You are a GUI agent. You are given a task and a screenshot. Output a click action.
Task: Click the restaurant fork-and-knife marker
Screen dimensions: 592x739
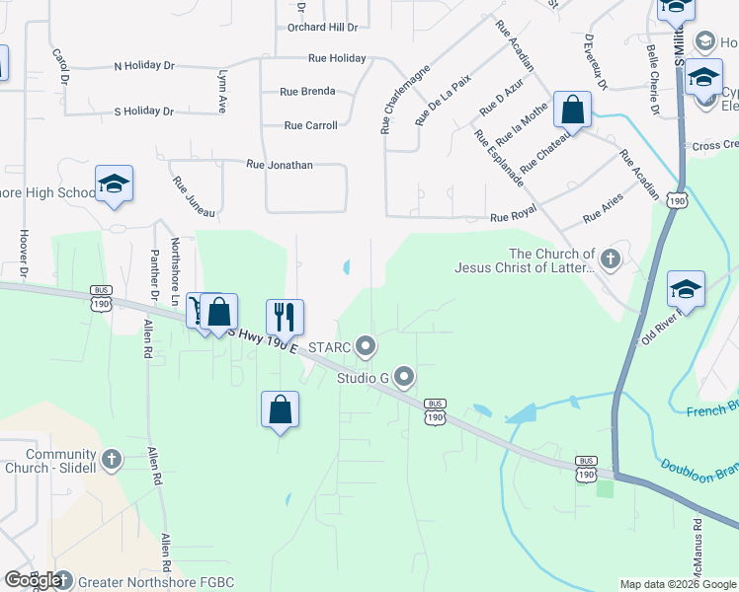[x=285, y=317]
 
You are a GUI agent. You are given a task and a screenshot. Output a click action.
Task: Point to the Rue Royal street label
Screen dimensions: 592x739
[x=512, y=217]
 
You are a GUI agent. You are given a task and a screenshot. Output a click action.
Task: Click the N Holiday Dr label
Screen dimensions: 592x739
[x=144, y=66]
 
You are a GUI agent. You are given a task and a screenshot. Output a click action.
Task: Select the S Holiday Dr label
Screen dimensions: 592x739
[x=144, y=111]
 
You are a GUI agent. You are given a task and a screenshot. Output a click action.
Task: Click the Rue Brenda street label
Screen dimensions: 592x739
[x=307, y=91]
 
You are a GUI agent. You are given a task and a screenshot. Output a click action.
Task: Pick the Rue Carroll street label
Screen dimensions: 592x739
[x=310, y=125]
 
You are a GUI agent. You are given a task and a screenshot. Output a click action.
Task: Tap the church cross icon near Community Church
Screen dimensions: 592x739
[x=111, y=459]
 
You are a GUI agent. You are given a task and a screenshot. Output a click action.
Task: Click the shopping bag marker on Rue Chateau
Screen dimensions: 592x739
[x=573, y=110]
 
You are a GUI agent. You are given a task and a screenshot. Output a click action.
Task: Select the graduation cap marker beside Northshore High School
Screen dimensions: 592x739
[x=115, y=184]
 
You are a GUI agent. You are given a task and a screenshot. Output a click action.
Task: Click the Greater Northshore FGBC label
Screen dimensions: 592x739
[x=156, y=582]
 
